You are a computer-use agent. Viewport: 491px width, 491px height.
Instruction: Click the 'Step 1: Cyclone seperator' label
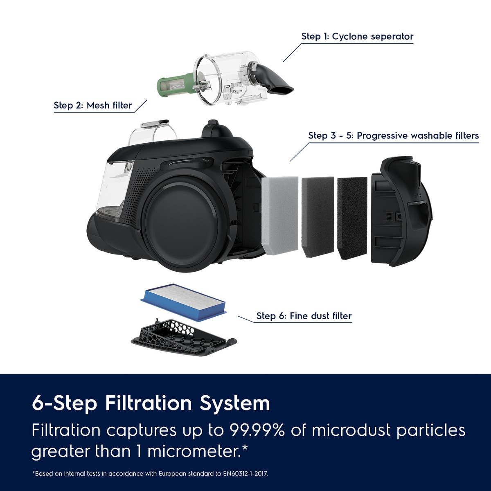[x=357, y=36]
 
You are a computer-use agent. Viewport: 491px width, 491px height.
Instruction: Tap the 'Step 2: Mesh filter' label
[x=93, y=105]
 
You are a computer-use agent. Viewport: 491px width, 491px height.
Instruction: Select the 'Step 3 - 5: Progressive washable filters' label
[x=393, y=135]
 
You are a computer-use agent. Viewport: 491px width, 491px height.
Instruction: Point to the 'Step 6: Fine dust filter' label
[x=304, y=316]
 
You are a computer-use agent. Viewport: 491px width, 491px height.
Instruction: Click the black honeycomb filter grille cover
[x=184, y=336]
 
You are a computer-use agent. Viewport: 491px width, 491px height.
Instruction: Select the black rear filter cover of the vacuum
[x=401, y=212]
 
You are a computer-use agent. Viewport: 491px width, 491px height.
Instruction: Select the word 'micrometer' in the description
[x=192, y=451]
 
